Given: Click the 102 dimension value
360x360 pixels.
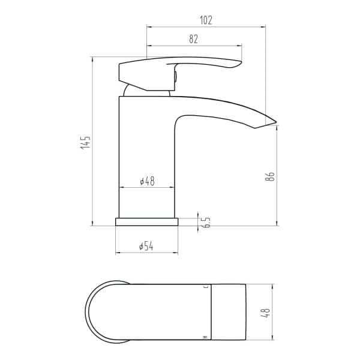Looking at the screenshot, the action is pyautogui.click(x=206, y=20).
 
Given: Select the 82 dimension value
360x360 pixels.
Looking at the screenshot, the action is pyautogui.click(x=194, y=39).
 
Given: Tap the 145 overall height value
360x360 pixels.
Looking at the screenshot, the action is pyautogui.click(x=85, y=142).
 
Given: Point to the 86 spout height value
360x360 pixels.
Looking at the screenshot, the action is pyautogui.click(x=270, y=176).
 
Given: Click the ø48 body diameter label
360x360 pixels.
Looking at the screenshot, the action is pyautogui.click(x=148, y=181).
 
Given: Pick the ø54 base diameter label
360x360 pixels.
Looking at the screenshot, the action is pyautogui.click(x=146, y=247).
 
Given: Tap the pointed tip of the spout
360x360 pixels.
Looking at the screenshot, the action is pyautogui.click(x=276, y=121).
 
